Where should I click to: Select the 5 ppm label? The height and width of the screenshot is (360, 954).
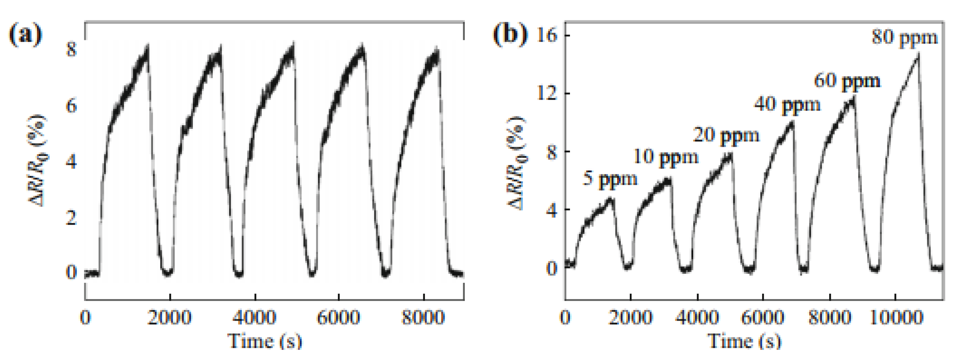coord(610,179)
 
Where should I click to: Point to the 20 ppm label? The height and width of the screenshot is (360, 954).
coord(726,135)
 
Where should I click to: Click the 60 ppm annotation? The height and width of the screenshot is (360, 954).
coord(847,81)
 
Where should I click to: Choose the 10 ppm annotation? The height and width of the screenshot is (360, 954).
coord(665,157)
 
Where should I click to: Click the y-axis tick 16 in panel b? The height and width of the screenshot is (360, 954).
coord(547,36)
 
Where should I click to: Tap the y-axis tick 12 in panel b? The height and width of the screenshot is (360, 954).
coord(547,94)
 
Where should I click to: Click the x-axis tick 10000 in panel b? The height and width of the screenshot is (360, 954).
coord(895,318)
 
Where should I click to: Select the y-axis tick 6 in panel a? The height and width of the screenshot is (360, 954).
coord(71,107)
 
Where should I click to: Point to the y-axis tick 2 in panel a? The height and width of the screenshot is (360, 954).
coord(71,218)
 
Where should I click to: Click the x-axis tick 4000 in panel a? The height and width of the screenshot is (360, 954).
coord(254,318)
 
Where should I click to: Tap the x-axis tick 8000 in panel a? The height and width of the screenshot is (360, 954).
coord(423,318)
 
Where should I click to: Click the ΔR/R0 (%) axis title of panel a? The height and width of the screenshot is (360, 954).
coord(38,160)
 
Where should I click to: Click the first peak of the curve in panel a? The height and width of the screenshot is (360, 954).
coord(148,45)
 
